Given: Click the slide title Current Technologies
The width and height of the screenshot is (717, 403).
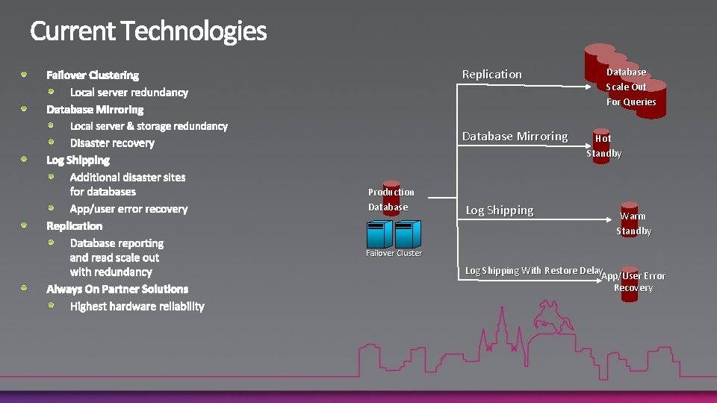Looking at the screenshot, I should (x=148, y=31).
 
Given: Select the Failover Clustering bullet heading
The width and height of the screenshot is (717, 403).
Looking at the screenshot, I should (x=93, y=75).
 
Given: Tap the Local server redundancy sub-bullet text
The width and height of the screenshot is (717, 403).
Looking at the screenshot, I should (x=128, y=93).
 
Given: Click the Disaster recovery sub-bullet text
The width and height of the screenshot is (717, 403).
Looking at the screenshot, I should (x=112, y=143).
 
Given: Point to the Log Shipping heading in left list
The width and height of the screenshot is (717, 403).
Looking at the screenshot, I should (x=78, y=160).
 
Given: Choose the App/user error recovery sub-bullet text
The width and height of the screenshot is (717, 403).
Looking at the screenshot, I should (x=128, y=209).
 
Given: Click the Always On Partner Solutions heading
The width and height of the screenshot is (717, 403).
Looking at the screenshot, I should (x=117, y=289).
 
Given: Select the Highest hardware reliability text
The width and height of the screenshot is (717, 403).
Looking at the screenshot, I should (x=137, y=306).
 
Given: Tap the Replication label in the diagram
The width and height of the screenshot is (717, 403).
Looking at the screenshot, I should (x=491, y=74).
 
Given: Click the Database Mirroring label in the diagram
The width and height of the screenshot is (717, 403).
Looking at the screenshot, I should (x=515, y=136).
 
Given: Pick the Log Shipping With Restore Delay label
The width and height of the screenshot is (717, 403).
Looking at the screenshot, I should (x=533, y=270).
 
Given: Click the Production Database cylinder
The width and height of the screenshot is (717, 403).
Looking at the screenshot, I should (x=391, y=199).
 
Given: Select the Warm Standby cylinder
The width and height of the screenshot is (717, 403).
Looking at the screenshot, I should (x=630, y=218).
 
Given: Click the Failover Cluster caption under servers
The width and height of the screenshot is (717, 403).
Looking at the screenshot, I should (x=394, y=253).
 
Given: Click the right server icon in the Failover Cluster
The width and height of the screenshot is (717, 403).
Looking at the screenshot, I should (x=408, y=234).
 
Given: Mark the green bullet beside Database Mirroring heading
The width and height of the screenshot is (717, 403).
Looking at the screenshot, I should (x=24, y=108).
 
